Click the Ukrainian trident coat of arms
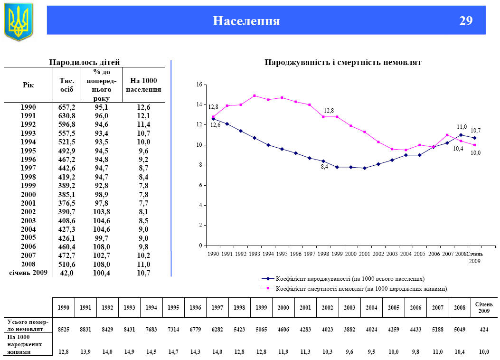pos(19,21)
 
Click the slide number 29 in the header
pos(466,21)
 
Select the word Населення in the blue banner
pos(246,21)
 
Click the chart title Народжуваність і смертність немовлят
pos(343,62)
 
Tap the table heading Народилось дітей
pos(85,62)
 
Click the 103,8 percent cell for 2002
pos(102,212)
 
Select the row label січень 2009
pos(28,273)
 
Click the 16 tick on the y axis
pos(199,85)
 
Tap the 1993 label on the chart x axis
pos(255,254)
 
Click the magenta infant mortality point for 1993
pos(255,95)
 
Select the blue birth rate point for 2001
pos(364,168)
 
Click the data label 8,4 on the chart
pos(325,167)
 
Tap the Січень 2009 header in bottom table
pos(483,307)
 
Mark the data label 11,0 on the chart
pos(462,127)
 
